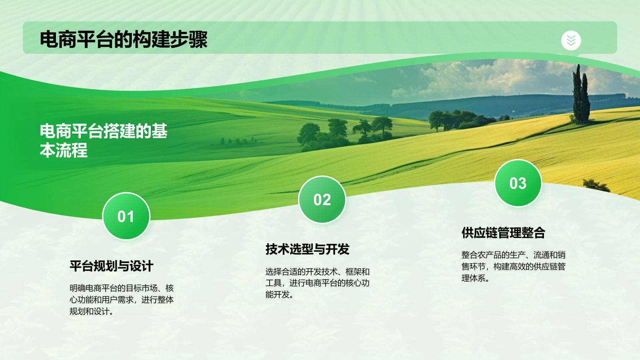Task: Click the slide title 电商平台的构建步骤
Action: point(124,40)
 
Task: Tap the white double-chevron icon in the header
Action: point(571,40)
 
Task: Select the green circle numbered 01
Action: point(126,216)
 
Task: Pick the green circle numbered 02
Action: point(322,200)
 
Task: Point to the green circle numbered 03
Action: point(518,183)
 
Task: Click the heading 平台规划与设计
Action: point(112,266)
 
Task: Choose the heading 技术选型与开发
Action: point(308,249)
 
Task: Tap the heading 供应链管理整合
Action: point(504,232)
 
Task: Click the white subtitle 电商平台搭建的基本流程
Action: point(104,140)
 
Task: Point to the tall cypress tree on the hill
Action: point(580,94)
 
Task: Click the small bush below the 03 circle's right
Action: point(596,185)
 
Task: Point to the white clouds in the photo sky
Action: point(486,76)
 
